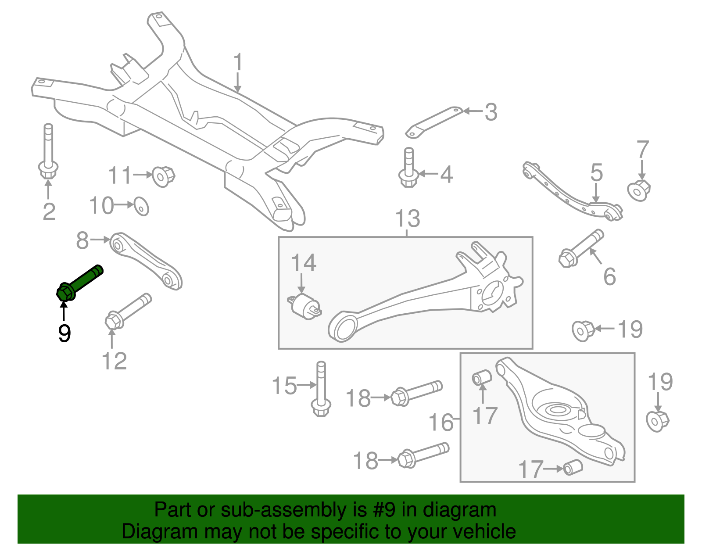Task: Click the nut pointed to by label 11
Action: [163, 176]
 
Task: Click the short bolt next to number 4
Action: [408, 169]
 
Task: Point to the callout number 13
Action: [408, 218]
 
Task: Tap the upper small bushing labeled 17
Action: [481, 377]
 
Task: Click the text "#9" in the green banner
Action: [384, 510]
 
